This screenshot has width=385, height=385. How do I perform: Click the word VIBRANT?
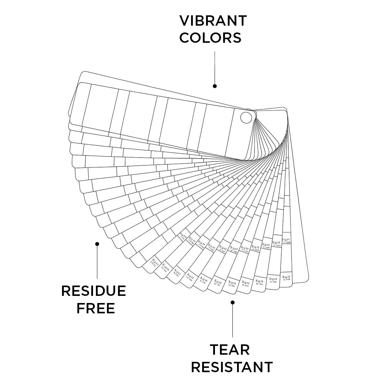tap(213, 21)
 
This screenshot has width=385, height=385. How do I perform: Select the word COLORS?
tap(210, 38)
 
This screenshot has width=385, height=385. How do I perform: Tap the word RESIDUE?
tap(93, 291)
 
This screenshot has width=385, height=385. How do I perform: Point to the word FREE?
tap(96, 308)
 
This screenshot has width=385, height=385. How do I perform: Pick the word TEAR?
tap(230, 350)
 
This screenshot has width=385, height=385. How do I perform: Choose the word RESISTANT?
tap(232, 367)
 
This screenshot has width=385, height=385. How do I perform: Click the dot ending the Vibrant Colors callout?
tap(215, 86)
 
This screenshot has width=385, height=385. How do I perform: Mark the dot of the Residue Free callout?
tap(97, 244)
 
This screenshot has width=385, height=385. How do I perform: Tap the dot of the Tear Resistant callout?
tap(232, 302)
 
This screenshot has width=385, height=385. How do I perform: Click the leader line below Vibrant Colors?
tap(215, 68)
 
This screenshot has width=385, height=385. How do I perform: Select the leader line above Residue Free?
tap(97, 262)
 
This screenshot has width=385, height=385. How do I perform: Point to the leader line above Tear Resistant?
tap(232, 321)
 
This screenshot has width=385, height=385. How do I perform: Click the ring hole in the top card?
tap(246, 117)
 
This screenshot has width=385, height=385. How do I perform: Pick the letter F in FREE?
tap(81, 308)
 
